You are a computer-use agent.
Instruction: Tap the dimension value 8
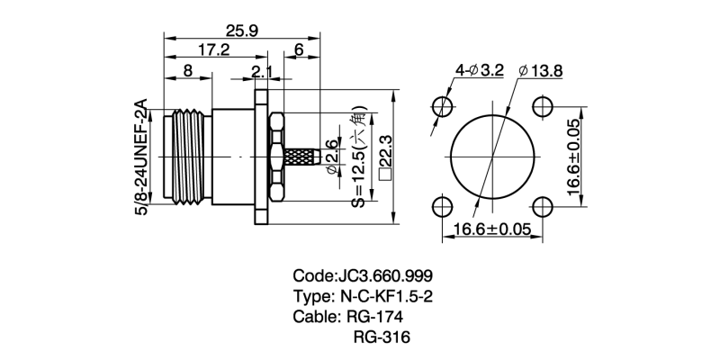click(186, 71)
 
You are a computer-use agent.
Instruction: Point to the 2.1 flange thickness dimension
click(262, 71)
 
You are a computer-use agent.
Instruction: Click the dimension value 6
click(298, 51)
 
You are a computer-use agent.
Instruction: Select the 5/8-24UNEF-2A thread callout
click(139, 157)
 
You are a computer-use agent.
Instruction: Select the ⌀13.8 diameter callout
click(542, 72)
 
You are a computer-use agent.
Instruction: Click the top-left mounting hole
click(443, 106)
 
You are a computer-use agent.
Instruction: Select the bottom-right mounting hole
click(543, 206)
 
